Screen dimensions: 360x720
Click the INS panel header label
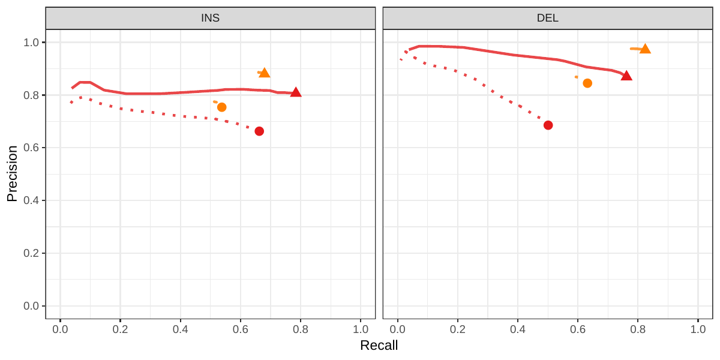(x=210, y=18)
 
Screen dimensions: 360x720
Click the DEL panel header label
(x=547, y=18)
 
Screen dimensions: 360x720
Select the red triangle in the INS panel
(x=295, y=92)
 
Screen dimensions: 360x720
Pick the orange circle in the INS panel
(x=221, y=107)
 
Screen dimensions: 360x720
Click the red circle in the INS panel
(x=259, y=131)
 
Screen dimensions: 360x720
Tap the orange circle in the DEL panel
(x=587, y=83)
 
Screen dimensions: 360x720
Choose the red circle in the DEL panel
(x=548, y=125)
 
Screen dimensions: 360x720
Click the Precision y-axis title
(x=12, y=173)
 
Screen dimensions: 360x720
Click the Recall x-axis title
(x=379, y=346)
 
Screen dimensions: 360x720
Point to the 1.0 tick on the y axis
(x=31, y=43)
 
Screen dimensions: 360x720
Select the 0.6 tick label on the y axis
(x=31, y=148)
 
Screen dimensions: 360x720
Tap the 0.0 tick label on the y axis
(x=31, y=306)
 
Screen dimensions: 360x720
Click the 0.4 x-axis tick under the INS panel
(x=180, y=329)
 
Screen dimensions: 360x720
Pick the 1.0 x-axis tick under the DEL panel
(x=698, y=329)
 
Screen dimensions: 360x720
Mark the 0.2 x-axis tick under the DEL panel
(x=458, y=329)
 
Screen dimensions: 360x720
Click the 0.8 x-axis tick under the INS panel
(x=300, y=329)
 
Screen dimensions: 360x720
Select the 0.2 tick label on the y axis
(x=31, y=253)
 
